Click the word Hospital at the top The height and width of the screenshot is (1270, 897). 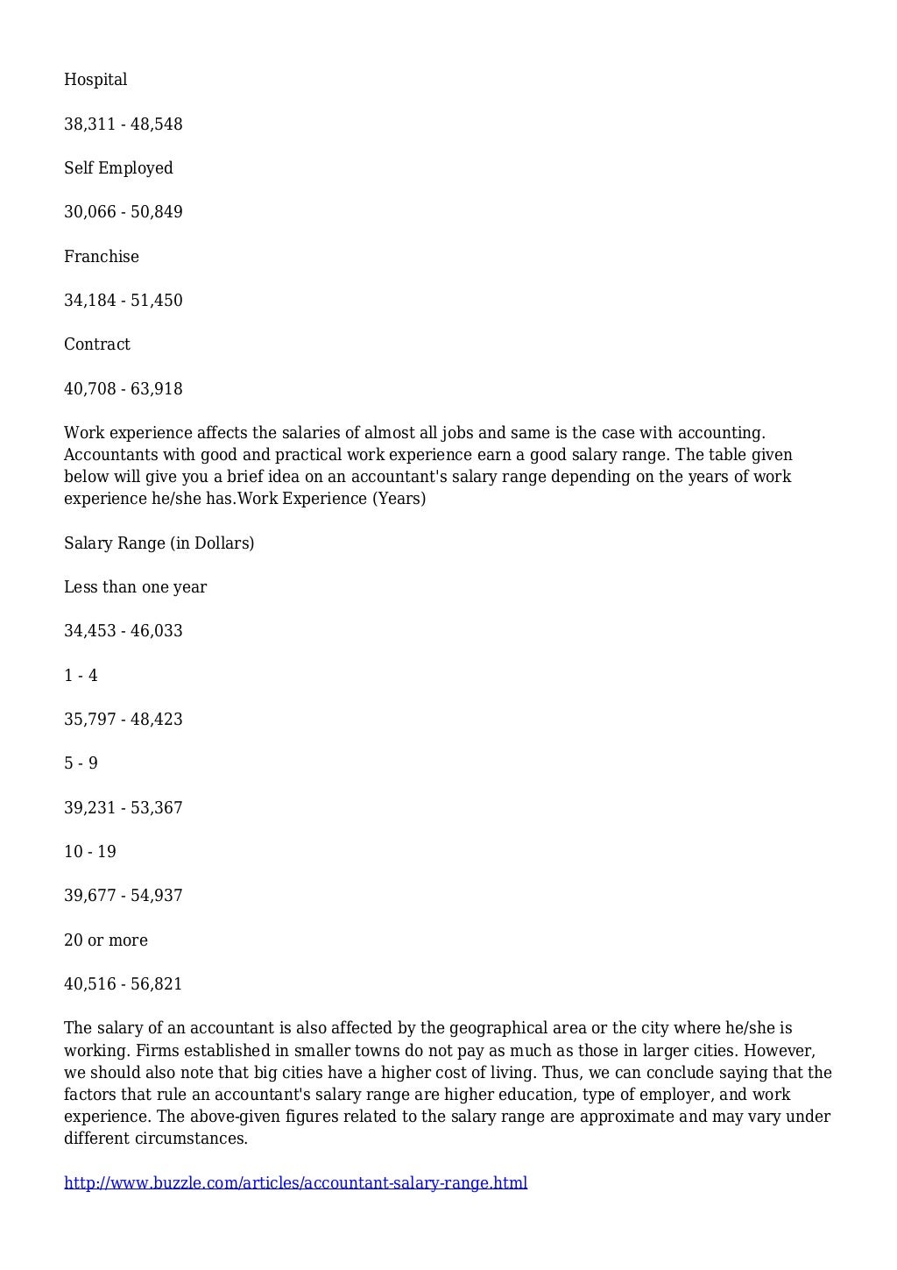coord(95,80)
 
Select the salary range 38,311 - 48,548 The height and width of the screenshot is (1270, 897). coord(124,124)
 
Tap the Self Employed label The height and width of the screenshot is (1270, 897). coord(118,168)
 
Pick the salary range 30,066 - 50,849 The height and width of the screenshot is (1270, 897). coord(124,212)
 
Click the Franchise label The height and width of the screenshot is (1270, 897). coord(102,257)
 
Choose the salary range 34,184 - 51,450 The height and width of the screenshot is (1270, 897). coord(124,301)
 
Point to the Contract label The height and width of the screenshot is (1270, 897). coord(97,344)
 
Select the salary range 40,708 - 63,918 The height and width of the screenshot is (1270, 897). coord(124,389)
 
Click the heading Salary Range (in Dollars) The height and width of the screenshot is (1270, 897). coord(159,543)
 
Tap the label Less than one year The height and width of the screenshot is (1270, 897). coord(135,587)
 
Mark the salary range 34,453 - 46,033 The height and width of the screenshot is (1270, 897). coord(124,631)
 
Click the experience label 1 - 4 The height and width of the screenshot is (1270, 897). coord(81,676)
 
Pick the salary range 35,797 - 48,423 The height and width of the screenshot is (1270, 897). coord(124,720)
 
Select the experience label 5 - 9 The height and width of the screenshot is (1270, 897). coord(81,763)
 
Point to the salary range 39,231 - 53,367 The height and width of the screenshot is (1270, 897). coord(124,808)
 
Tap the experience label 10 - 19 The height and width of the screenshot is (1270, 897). coord(90,852)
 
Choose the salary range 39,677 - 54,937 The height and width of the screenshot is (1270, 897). coord(124,896)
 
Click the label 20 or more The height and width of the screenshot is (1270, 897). coord(106,940)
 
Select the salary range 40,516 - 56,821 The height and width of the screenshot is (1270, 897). coord(124,984)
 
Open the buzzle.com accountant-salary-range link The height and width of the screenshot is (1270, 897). coord(295,1183)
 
